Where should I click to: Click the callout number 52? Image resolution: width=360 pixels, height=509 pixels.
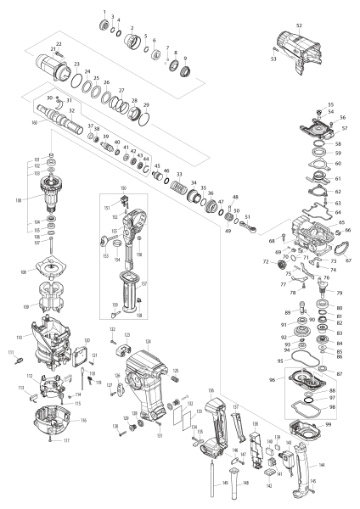299,26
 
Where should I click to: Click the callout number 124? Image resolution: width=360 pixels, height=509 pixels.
149,341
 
